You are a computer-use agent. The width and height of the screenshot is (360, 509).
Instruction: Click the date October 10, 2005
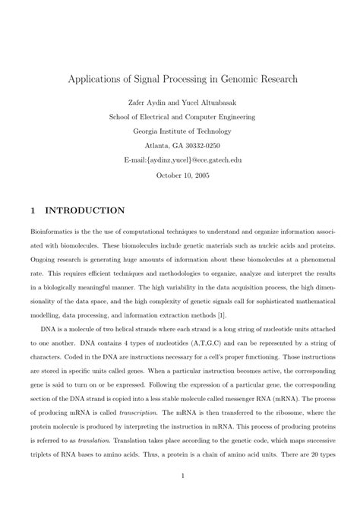click(x=180, y=175)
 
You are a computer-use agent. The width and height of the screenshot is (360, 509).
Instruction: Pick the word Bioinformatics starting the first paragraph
click(x=54, y=232)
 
